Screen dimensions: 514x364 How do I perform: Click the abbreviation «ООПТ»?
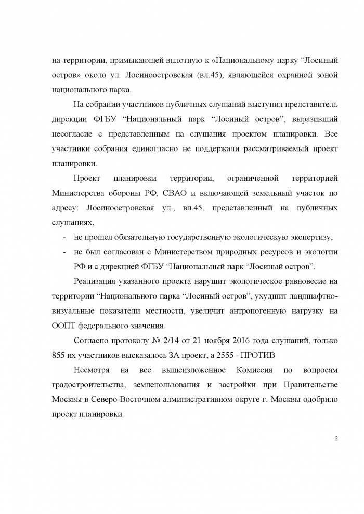tap(64, 326)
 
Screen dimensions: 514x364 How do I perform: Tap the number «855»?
tap(60, 355)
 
